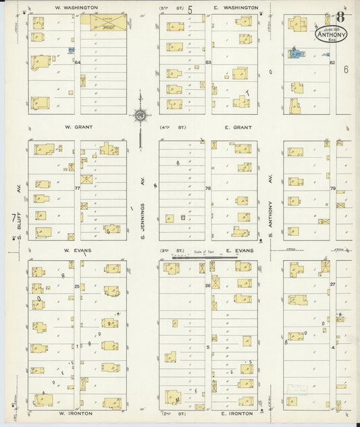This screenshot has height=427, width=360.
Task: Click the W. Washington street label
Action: pos(76,7)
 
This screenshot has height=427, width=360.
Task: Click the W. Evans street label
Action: pos(77,250)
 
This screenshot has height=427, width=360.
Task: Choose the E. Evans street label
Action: pos(240,250)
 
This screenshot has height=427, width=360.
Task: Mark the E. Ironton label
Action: pos(237,413)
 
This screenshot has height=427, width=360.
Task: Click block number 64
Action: pos(78,63)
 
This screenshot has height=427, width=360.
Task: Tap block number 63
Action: pos(209,62)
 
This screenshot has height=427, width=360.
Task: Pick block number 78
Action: pos(208,189)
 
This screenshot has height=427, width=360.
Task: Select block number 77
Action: pos(77,188)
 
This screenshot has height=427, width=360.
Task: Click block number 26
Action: pos(208,285)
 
